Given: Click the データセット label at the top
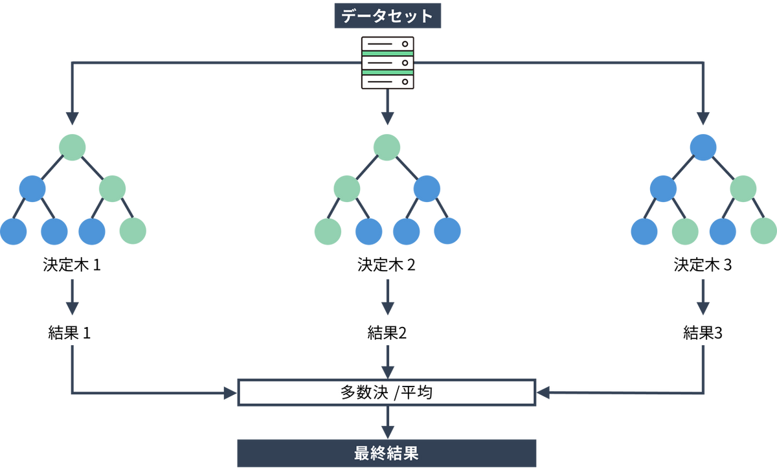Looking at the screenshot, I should (x=387, y=16).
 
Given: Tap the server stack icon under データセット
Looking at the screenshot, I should (x=387, y=63).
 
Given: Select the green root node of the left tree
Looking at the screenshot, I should (x=72, y=147).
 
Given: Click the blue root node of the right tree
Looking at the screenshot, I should (x=703, y=147).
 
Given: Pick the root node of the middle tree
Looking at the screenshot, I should (x=387, y=147).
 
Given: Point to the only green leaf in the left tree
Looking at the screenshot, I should (x=133, y=230).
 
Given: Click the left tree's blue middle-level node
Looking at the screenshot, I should (x=32, y=188).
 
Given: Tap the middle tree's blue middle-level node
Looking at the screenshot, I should (x=427, y=188).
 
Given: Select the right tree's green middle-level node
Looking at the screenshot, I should (x=743, y=188).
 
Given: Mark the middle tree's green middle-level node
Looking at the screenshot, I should (x=346, y=188).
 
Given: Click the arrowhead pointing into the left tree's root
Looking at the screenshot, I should (x=72, y=118).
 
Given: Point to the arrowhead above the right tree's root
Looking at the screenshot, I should (x=703, y=118).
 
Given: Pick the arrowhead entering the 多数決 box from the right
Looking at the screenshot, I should (x=543, y=392).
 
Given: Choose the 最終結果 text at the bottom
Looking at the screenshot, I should (x=387, y=453).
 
